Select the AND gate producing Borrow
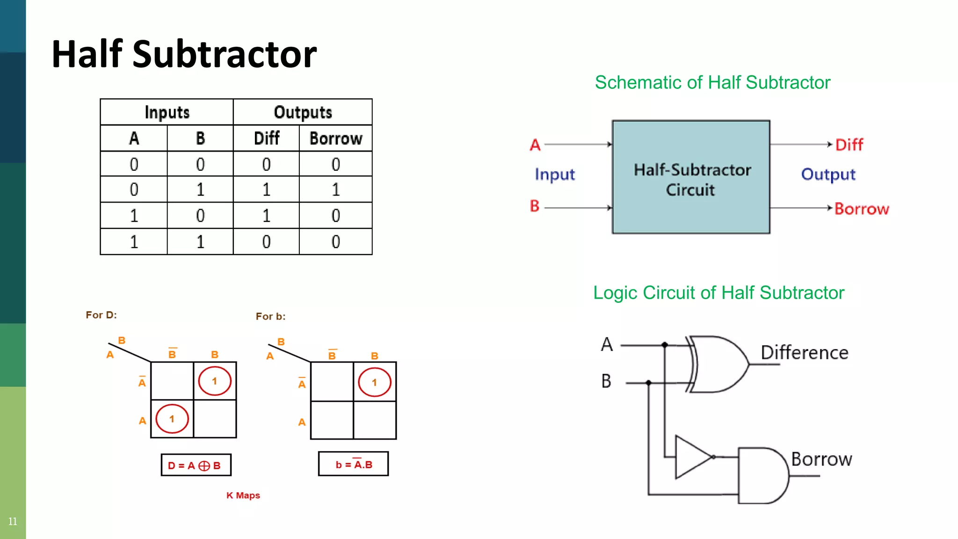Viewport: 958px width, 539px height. click(x=762, y=475)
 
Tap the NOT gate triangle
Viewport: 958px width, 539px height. click(x=692, y=457)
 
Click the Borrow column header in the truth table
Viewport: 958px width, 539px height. click(x=336, y=138)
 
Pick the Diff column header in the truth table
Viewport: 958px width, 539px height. click(x=266, y=138)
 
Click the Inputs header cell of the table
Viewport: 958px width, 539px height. click(x=167, y=112)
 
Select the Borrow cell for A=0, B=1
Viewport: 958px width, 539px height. click(x=336, y=189)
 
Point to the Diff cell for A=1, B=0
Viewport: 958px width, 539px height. click(x=266, y=216)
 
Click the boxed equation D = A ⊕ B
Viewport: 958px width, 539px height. click(x=196, y=465)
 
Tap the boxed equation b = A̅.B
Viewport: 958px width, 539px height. click(x=353, y=464)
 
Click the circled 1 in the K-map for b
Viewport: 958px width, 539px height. click(x=374, y=382)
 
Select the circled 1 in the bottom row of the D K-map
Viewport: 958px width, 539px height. click(x=172, y=419)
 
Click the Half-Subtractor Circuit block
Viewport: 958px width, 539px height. click(x=691, y=177)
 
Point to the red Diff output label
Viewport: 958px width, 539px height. click(x=849, y=145)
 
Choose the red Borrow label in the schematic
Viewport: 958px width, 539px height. click(x=861, y=209)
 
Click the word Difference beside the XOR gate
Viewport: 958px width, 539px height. click(x=804, y=353)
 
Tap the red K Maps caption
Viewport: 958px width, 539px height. click(x=243, y=495)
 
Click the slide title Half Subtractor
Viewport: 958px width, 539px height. click(x=184, y=54)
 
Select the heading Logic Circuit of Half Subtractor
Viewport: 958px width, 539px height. click(x=718, y=293)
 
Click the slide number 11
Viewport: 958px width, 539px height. click(x=13, y=521)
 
